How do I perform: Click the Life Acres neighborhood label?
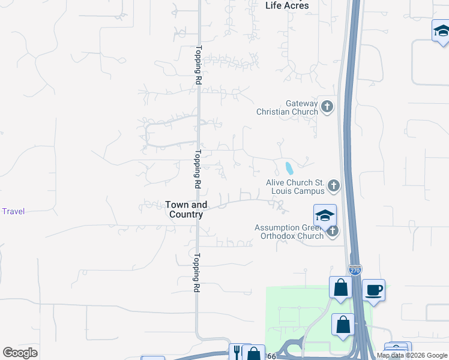(287, 5)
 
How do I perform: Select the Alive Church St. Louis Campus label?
(295, 187)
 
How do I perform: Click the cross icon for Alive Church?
(334, 186)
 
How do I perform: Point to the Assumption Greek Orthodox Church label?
(289, 232)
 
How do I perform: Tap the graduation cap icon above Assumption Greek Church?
(325, 215)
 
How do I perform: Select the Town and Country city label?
(186, 209)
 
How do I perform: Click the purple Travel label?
(13, 211)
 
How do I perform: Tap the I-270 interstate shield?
(355, 271)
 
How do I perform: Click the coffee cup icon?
(373, 290)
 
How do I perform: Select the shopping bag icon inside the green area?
(343, 325)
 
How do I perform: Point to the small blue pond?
(289, 168)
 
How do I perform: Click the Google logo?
(20, 353)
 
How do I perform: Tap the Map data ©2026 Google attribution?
(412, 355)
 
